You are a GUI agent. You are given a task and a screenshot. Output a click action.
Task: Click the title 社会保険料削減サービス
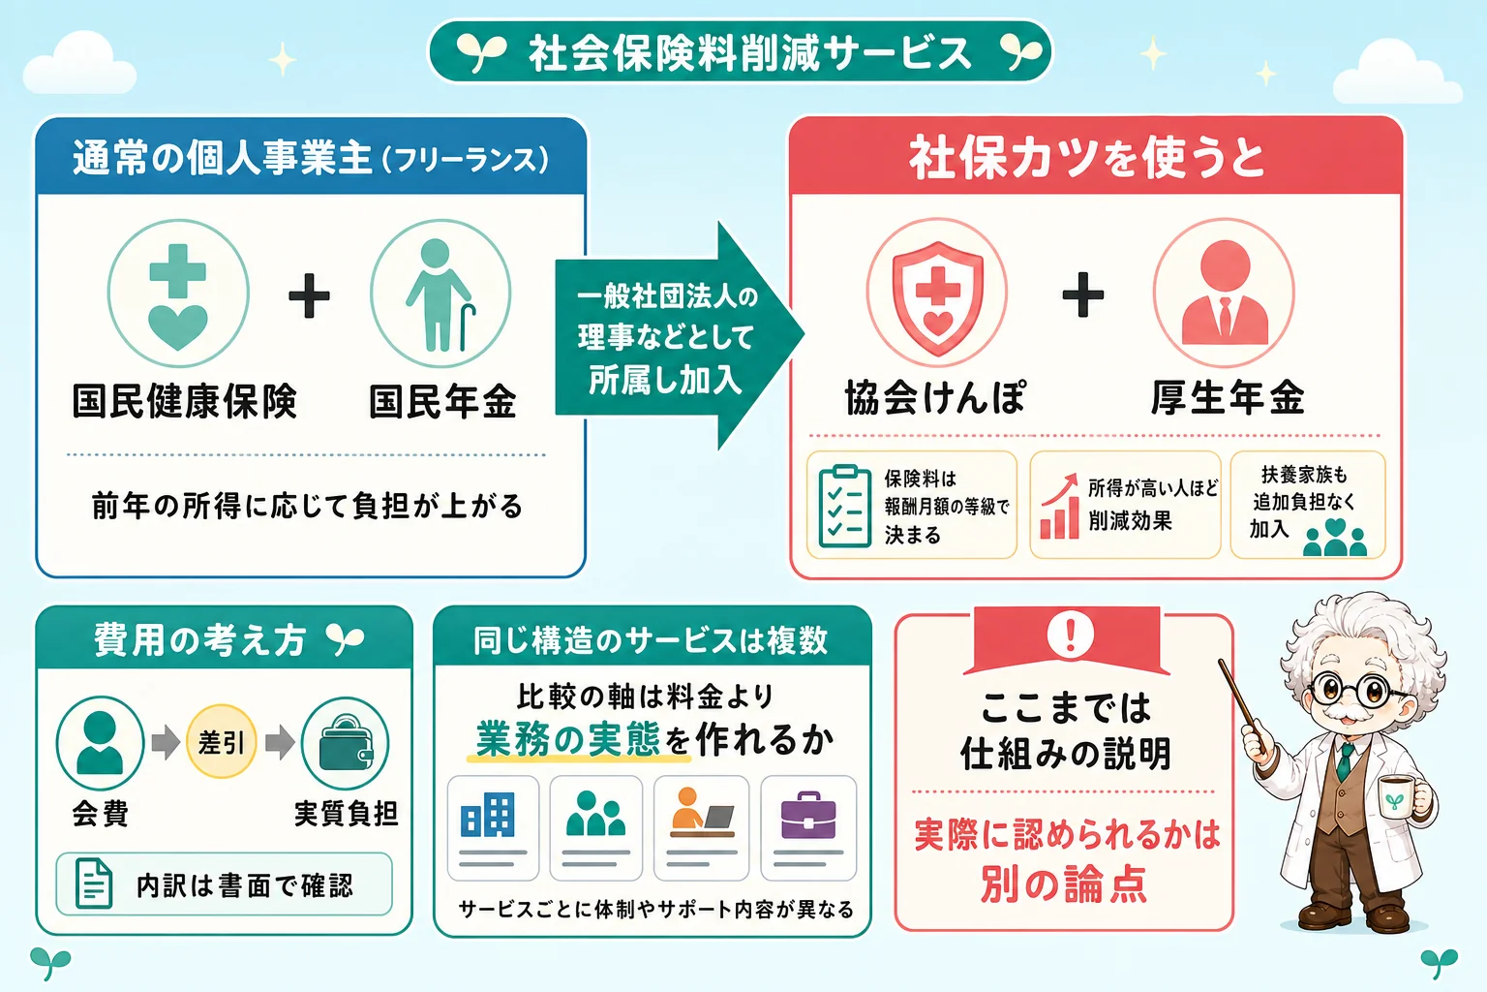coord(750,53)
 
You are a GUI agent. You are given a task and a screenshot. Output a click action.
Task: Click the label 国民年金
coord(442,401)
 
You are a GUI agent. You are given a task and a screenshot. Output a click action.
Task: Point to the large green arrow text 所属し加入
coord(664,380)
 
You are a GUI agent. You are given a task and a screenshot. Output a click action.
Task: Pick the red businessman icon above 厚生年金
coord(1225,293)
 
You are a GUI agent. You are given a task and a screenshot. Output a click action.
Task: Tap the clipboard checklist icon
coord(844,507)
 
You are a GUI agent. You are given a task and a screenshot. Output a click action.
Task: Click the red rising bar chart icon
coord(1059,507)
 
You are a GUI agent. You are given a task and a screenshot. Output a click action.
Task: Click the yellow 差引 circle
coord(222,741)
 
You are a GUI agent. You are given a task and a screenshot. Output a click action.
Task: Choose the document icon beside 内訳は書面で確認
coord(94,883)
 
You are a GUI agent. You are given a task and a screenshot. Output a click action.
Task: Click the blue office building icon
coord(488,814)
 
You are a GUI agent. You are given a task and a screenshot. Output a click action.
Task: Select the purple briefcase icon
coord(808,815)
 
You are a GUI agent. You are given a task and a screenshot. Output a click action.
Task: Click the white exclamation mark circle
coord(1070,634)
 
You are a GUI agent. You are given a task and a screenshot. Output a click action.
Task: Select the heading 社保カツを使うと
coord(1087,158)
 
